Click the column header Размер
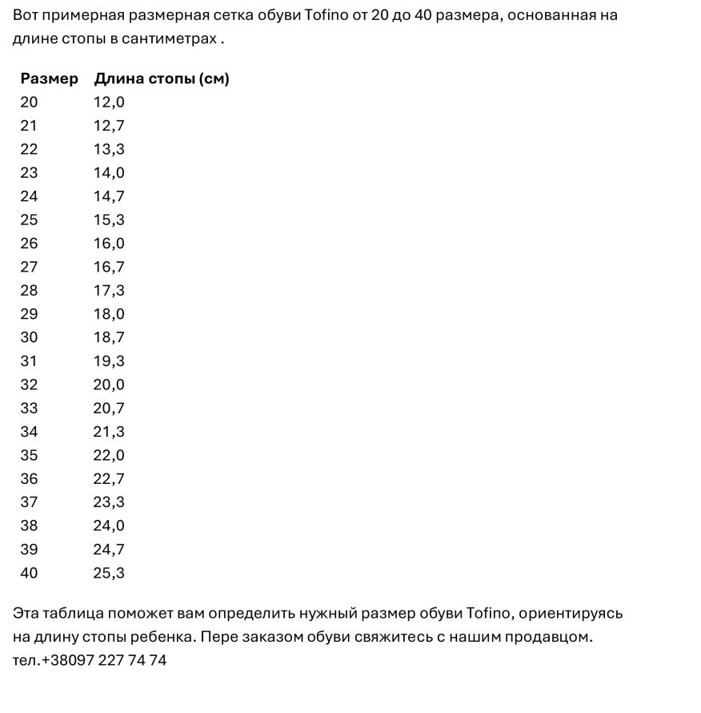point(50,79)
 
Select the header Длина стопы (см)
point(162,79)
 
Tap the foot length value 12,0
point(109,102)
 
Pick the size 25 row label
point(29,220)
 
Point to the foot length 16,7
point(109,267)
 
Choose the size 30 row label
point(29,337)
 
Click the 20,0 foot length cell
point(109,385)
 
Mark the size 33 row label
point(29,408)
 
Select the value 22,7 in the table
point(109,479)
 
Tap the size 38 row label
point(29,526)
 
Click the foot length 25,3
point(109,573)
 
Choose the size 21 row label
point(29,126)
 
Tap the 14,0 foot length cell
point(109,172)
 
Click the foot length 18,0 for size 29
point(109,314)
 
